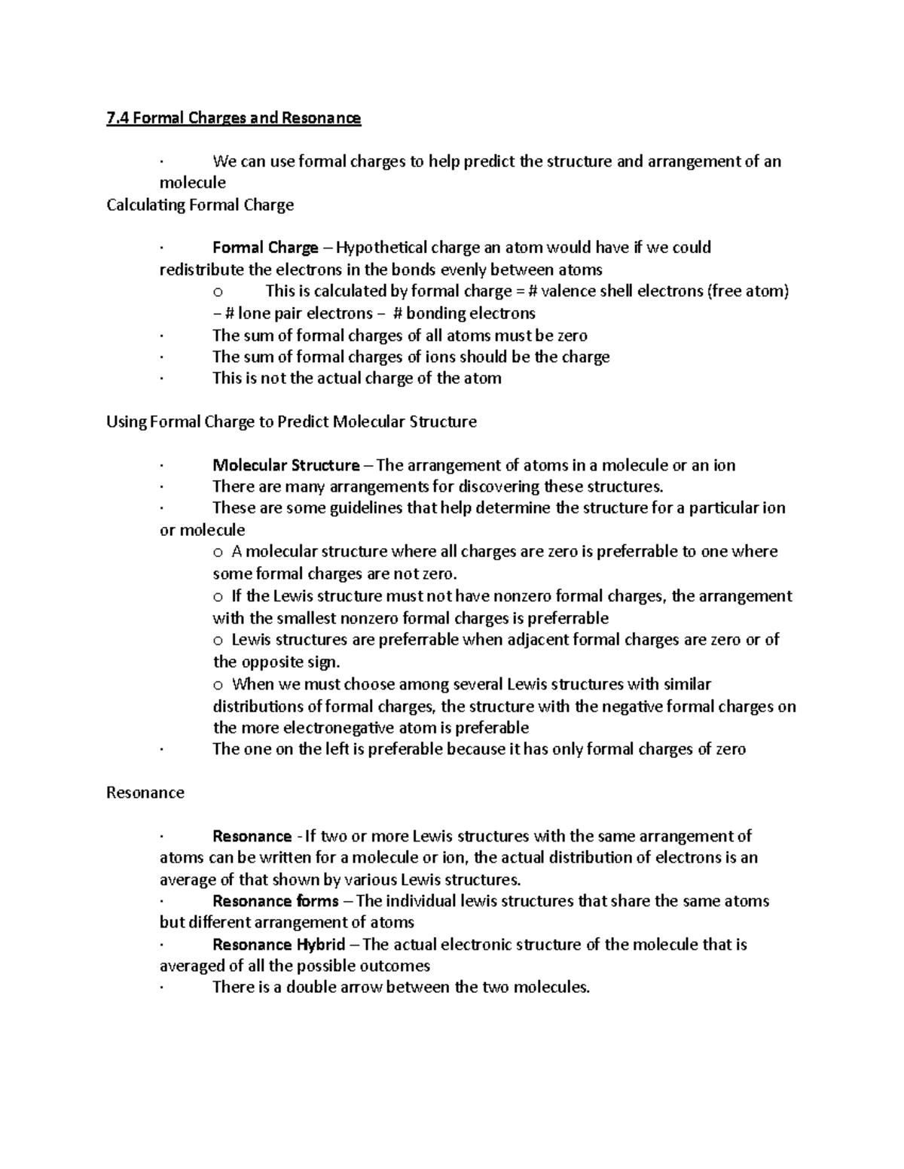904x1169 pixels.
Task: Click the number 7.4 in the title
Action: pyautogui.click(x=118, y=118)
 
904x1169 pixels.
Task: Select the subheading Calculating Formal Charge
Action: pyautogui.click(x=200, y=205)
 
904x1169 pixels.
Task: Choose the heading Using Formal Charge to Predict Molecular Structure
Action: pyautogui.click(x=292, y=422)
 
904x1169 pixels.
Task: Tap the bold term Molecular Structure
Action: pyautogui.click(x=286, y=465)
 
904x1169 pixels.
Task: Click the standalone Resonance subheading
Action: pyautogui.click(x=145, y=793)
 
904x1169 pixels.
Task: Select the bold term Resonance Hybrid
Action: pyautogui.click(x=279, y=945)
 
